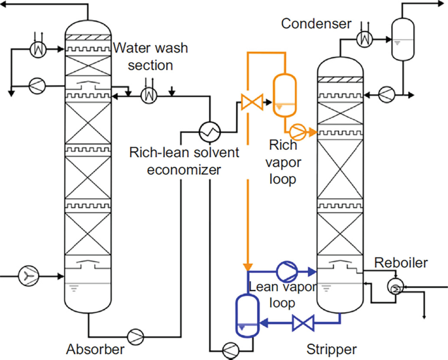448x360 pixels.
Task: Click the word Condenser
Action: pyautogui.click(x=317, y=24)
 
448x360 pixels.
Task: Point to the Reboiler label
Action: pyautogui.click(x=401, y=263)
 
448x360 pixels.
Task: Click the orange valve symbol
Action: pyautogui.click(x=252, y=102)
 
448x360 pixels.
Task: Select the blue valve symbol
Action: pyautogui.click(x=303, y=322)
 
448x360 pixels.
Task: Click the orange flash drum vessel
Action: pyautogui.click(x=284, y=93)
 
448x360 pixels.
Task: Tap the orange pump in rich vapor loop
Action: pyautogui.click(x=299, y=132)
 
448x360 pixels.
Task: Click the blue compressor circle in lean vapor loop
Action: pyautogui.click(x=286, y=270)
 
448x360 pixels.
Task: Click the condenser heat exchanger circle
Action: pyautogui.click(x=364, y=40)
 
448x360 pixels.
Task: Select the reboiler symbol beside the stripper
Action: pyautogui.click(x=395, y=285)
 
